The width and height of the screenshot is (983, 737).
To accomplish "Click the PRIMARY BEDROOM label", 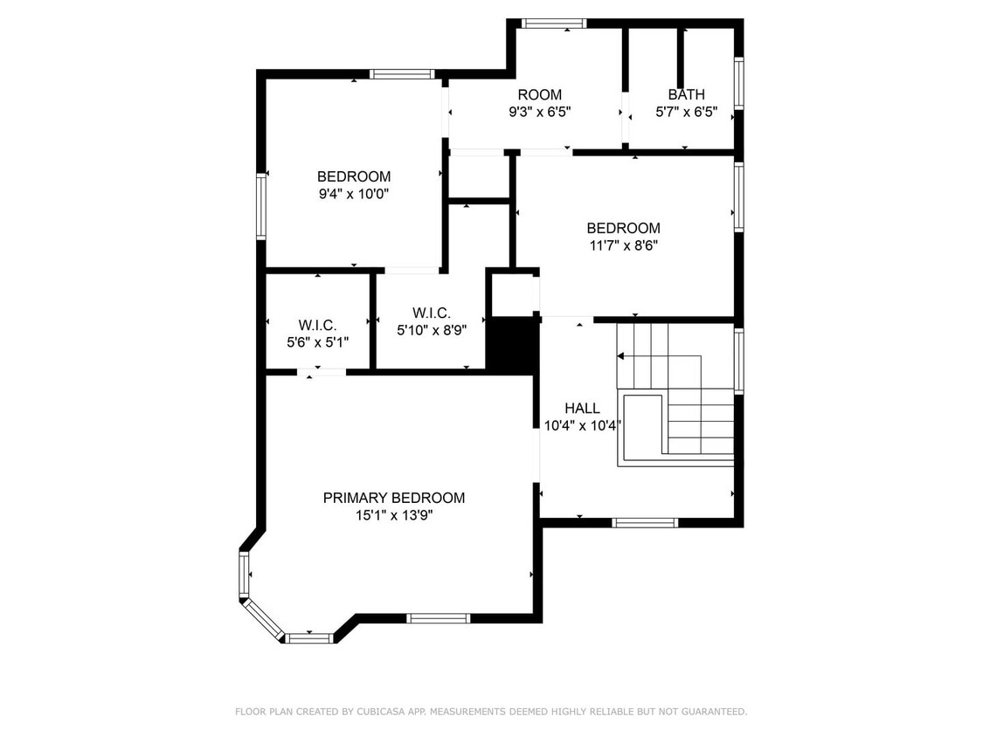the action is pyautogui.click(x=394, y=499).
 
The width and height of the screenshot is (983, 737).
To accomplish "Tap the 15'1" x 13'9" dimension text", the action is pyautogui.click(x=394, y=516).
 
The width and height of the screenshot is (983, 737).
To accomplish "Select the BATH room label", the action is pyautogui.click(x=687, y=94).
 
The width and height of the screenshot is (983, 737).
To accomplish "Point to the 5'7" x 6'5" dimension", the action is pyautogui.click(x=687, y=112).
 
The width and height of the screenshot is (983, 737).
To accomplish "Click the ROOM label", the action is pyautogui.click(x=540, y=94).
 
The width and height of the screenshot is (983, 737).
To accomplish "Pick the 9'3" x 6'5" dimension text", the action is pyautogui.click(x=540, y=112).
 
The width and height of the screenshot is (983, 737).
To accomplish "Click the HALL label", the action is pyautogui.click(x=583, y=409).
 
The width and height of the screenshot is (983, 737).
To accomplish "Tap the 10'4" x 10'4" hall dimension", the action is pyautogui.click(x=583, y=426).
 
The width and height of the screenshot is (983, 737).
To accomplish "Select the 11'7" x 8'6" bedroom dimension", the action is pyautogui.click(x=623, y=245).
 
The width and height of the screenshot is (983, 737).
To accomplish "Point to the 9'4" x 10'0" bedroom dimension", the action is pyautogui.click(x=354, y=194).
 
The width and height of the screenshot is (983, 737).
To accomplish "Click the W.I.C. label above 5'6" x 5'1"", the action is pyautogui.click(x=318, y=325).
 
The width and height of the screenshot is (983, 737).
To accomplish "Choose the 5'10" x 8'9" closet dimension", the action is pyautogui.click(x=432, y=330).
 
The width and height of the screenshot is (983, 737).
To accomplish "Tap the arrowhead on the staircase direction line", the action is pyautogui.click(x=620, y=356).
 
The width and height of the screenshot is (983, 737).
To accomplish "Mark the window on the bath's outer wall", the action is pyautogui.click(x=739, y=84).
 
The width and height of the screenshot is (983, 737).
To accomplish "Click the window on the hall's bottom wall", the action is pyautogui.click(x=645, y=523).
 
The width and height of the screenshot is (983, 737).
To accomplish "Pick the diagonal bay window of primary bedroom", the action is pyautogui.click(x=263, y=620).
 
